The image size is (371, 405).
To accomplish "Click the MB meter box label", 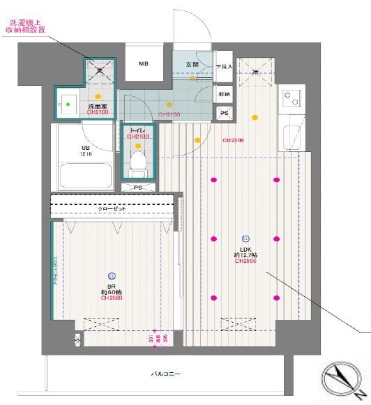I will pyautogui.click(x=143, y=64).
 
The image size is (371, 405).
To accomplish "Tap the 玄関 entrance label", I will pyautogui.click(x=192, y=64).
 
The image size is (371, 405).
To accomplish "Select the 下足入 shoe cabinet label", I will pyautogui.click(x=223, y=66).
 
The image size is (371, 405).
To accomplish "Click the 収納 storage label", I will pyautogui.click(x=224, y=93).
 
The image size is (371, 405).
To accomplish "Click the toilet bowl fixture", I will pyautogui.click(x=137, y=162).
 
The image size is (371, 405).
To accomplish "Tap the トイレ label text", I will pyautogui.click(x=136, y=130).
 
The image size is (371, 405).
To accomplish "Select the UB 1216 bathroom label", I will pyautogui.click(x=86, y=151).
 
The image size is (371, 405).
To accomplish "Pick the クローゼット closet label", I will pyautogui.click(x=111, y=208).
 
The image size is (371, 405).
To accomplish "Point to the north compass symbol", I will pyautogui.click(x=340, y=379).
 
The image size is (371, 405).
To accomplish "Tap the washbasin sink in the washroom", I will pyautogui.click(x=68, y=105).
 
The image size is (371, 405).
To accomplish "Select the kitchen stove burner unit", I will pyautogui.click(x=291, y=98).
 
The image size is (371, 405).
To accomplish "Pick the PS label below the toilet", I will pyautogui.click(x=138, y=187).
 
